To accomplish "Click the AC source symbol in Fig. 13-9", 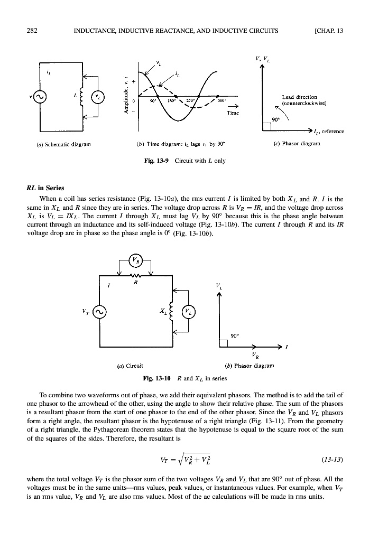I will tap(41, 97).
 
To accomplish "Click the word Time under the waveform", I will tap(233, 113).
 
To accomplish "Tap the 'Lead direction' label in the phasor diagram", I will tap(299, 97).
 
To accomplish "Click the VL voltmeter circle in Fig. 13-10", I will tap(189, 312).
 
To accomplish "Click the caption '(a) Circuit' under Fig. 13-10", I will tap(129, 364).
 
